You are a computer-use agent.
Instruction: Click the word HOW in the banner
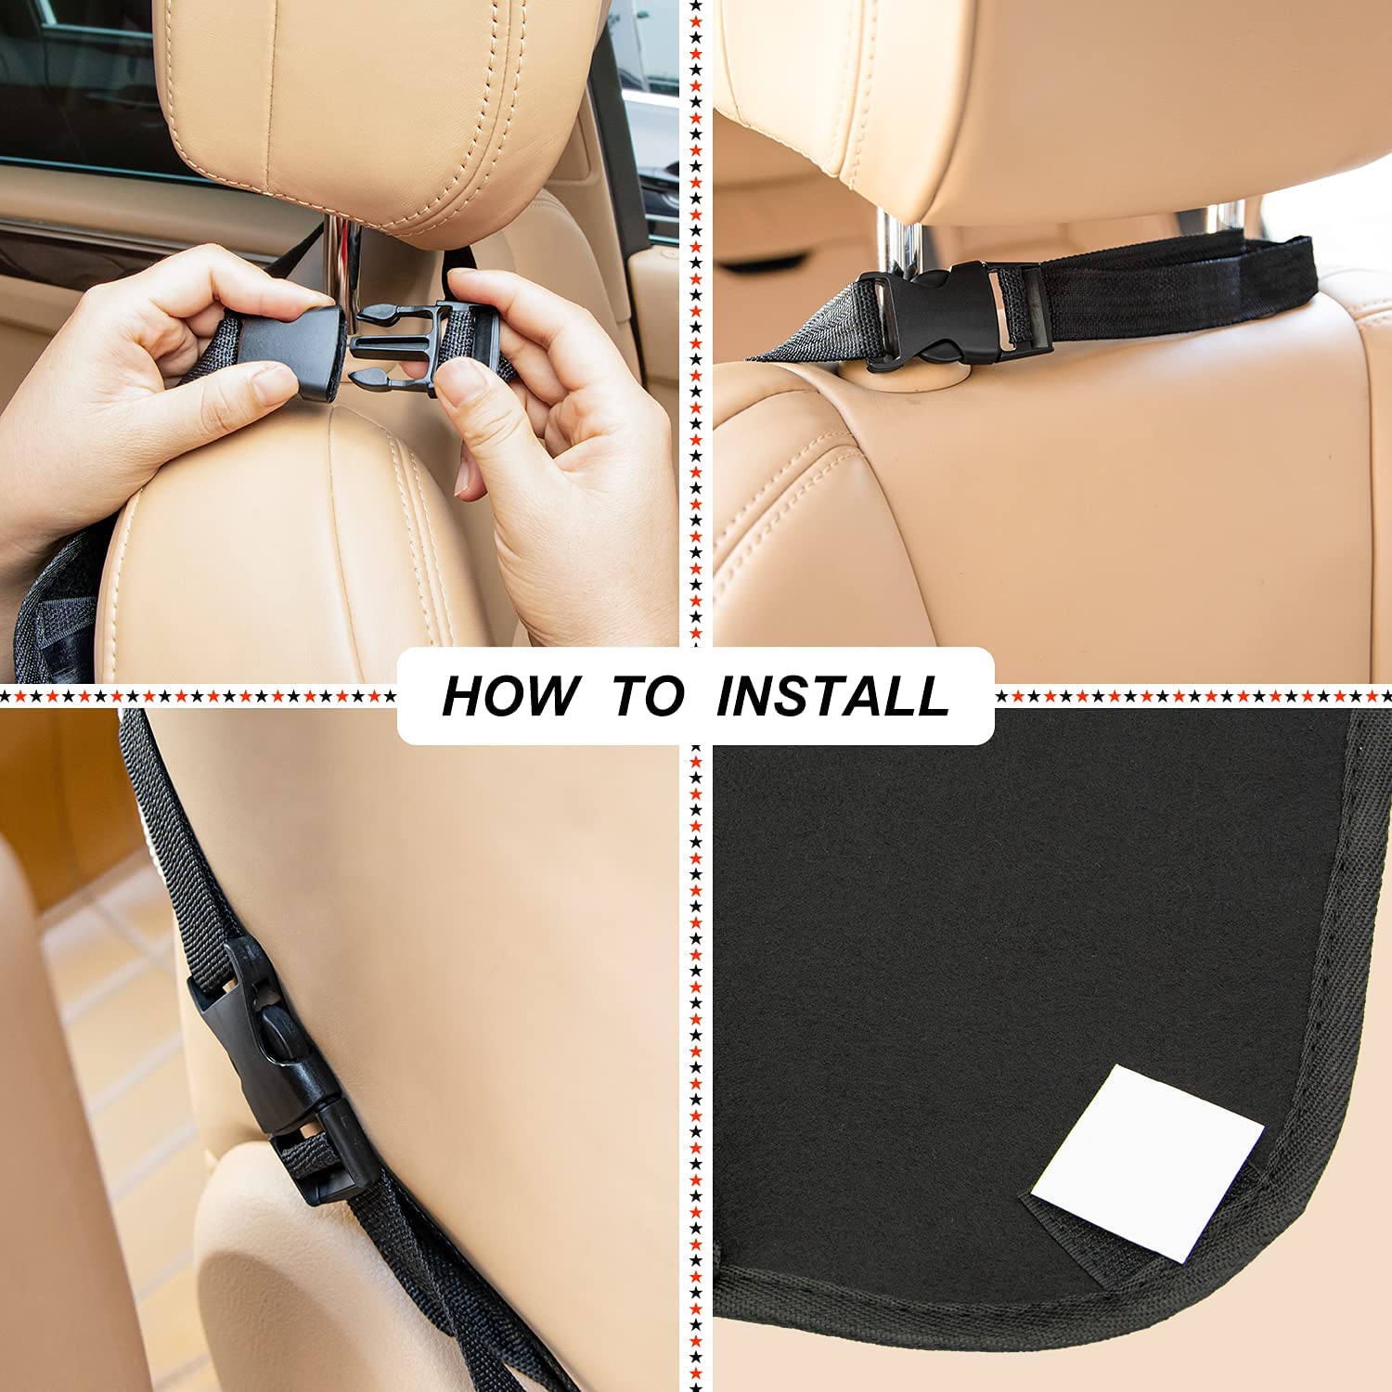[508, 696]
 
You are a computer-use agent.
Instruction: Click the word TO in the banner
[649, 696]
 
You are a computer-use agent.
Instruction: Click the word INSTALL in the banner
[832, 696]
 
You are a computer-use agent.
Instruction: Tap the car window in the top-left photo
[74, 84]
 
